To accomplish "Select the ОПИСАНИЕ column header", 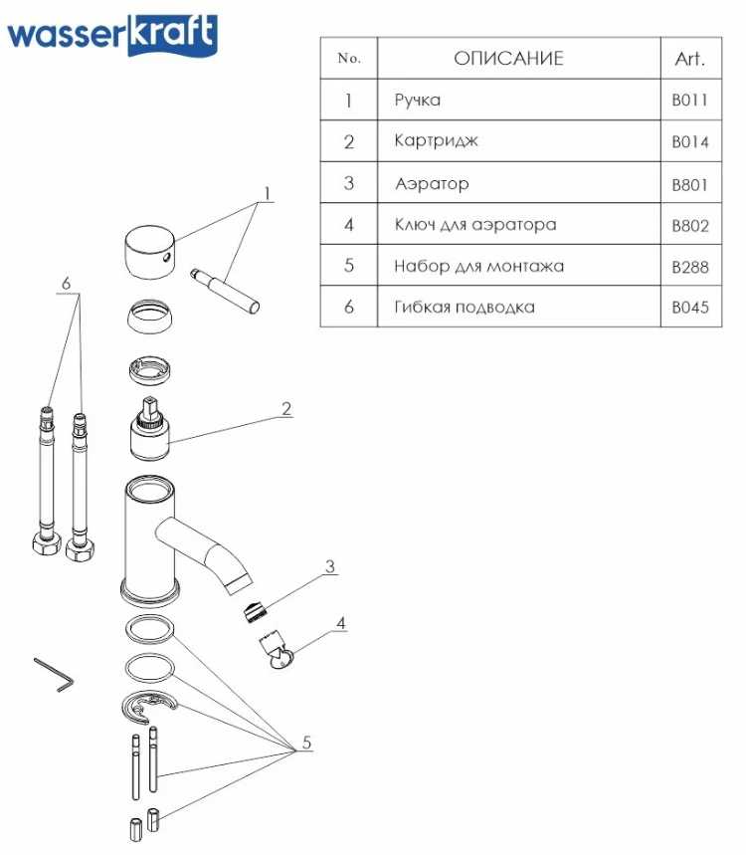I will pyautogui.click(x=508, y=58).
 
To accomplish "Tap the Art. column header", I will pyautogui.click(x=689, y=58).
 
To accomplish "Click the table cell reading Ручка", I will pyautogui.click(x=418, y=101).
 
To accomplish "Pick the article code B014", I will pyautogui.click(x=689, y=142).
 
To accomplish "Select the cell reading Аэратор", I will pyautogui.click(x=432, y=184).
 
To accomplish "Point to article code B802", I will pyautogui.click(x=689, y=226).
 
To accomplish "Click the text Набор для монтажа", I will pyautogui.click(x=479, y=266).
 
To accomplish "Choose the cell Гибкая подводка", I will pyautogui.click(x=465, y=307).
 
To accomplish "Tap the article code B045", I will pyautogui.click(x=689, y=308).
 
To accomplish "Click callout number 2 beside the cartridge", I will pyautogui.click(x=286, y=408).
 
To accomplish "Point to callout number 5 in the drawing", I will pyautogui.click(x=306, y=743).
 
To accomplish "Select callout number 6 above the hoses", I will pyautogui.click(x=67, y=284).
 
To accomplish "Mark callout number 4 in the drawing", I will pyautogui.click(x=340, y=624).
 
